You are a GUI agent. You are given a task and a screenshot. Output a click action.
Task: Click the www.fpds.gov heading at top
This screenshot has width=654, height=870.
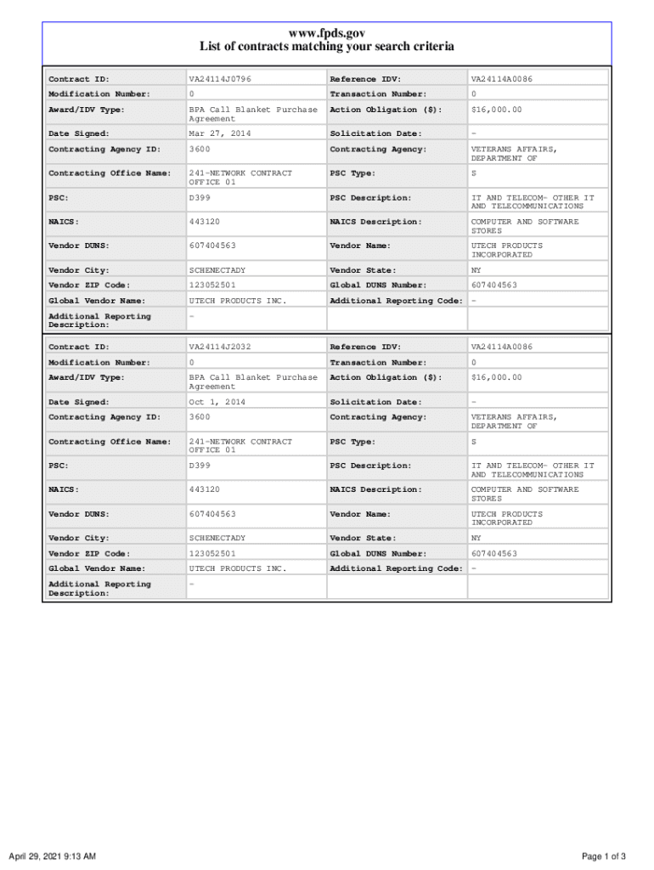click(327, 33)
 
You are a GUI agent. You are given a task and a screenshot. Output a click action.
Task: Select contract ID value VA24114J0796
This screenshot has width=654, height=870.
click(220, 79)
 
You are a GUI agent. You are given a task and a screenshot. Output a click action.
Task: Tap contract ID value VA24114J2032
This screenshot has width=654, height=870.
click(220, 347)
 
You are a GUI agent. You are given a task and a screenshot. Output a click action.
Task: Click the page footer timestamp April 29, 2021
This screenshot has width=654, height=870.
click(52, 856)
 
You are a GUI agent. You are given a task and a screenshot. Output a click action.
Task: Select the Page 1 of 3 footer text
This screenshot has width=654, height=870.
click(604, 856)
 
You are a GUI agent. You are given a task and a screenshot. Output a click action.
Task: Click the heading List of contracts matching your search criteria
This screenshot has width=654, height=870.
click(327, 47)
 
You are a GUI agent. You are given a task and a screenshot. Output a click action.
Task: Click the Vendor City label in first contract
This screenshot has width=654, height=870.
click(78, 271)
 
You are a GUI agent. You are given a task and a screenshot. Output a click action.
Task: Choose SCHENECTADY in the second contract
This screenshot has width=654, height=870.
click(217, 539)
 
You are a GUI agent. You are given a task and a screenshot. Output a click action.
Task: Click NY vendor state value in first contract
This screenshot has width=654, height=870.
click(476, 271)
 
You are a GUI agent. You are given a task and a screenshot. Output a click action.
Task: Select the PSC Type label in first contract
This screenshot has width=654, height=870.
click(352, 173)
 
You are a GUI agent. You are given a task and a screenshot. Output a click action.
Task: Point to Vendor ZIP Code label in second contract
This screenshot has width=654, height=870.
click(89, 554)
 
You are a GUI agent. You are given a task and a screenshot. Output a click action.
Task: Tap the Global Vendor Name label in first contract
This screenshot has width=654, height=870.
click(97, 301)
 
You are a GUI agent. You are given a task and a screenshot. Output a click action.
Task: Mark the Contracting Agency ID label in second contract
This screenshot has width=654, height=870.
click(104, 417)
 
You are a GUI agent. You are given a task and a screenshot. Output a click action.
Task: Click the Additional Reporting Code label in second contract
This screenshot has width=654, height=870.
click(396, 568)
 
